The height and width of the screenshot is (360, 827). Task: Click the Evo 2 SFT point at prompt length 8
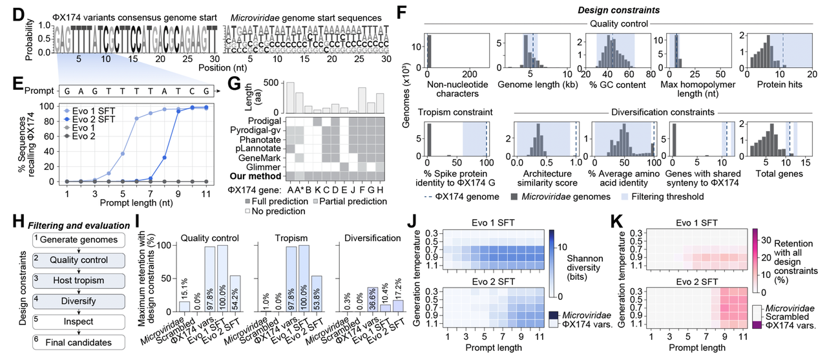pyautogui.click(x=164, y=157)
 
